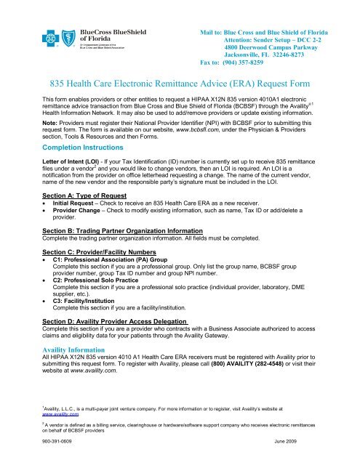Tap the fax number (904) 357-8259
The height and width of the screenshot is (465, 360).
coord(246,62)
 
